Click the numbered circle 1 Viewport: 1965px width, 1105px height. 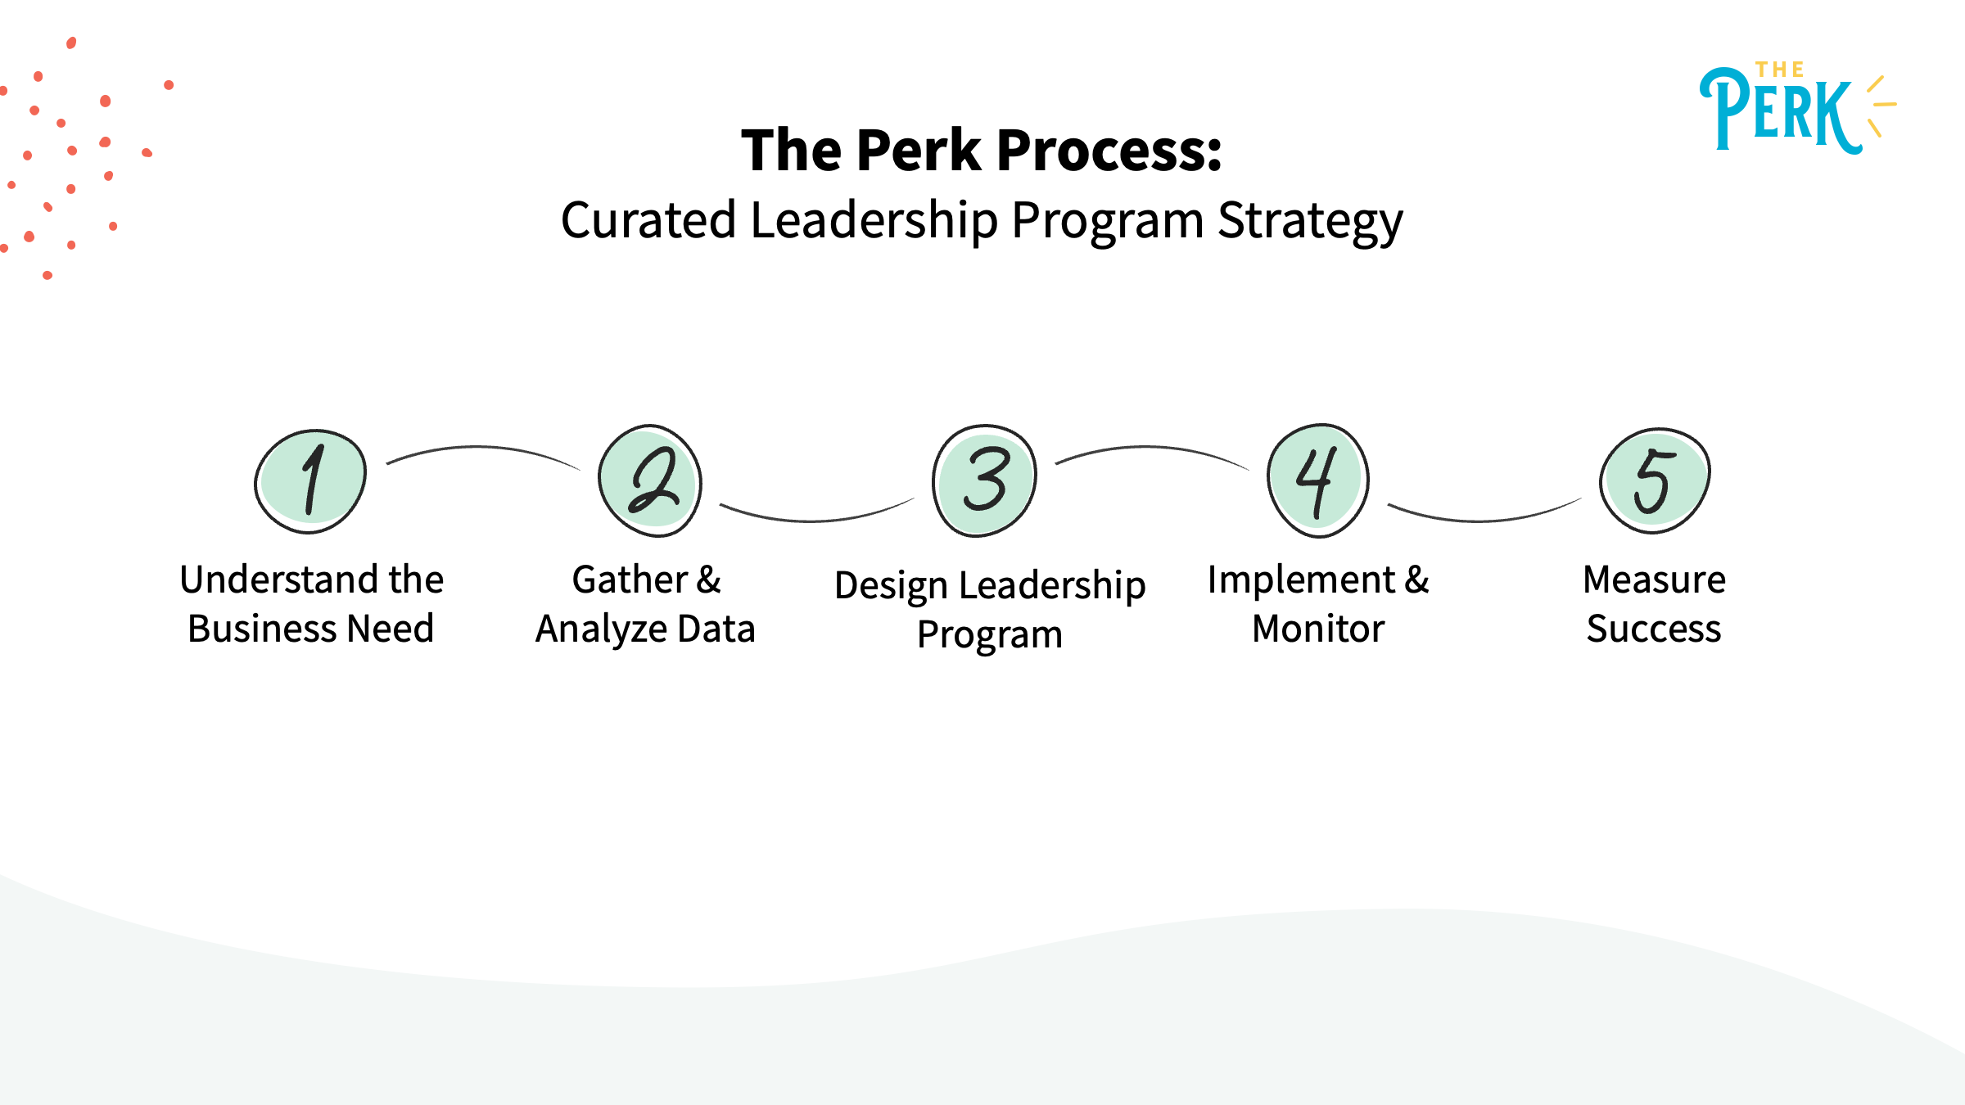[x=310, y=481]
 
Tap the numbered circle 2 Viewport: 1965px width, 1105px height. [x=650, y=481]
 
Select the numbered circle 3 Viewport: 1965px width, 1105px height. [x=984, y=481]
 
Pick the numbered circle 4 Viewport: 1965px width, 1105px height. [x=1318, y=481]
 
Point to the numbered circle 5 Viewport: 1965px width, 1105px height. [x=1655, y=481]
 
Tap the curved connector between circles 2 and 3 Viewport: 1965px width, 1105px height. [x=815, y=520]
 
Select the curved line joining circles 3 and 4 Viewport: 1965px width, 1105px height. [x=1150, y=448]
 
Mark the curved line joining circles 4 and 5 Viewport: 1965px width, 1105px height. [x=1484, y=520]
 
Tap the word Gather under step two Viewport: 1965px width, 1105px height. [x=629, y=580]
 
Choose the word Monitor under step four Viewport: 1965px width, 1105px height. [x=1318, y=629]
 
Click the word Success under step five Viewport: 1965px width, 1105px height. [x=1654, y=629]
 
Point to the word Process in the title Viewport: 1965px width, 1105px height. [x=1109, y=151]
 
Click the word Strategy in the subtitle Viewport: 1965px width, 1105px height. [x=1310, y=221]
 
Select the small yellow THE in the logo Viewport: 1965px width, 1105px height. [x=1779, y=70]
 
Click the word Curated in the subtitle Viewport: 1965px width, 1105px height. [x=648, y=221]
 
